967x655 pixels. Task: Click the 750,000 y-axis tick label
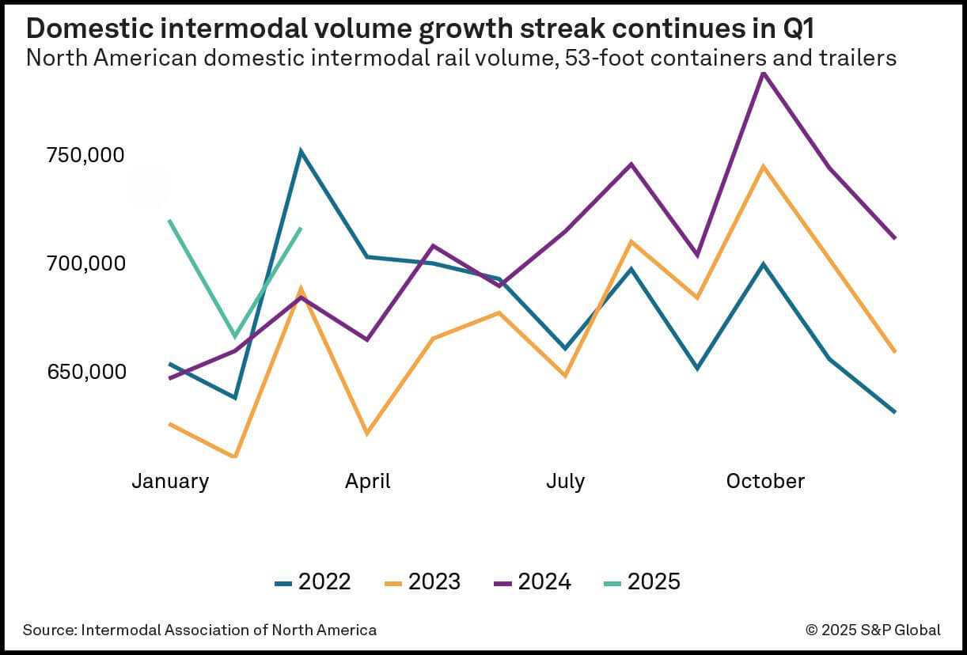coord(85,155)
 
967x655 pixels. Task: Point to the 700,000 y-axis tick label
coord(85,263)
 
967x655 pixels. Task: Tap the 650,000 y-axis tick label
coord(85,371)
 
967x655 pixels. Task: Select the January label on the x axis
coord(170,481)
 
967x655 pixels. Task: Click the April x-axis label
coord(367,481)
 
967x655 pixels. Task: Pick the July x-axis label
coord(565,481)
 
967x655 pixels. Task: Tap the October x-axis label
coord(764,481)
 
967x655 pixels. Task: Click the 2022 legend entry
coord(313,582)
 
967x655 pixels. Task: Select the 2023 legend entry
coord(423,582)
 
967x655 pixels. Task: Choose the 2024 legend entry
coord(533,582)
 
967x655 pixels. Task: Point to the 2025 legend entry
coord(642,582)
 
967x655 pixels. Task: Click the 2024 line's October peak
coord(763,72)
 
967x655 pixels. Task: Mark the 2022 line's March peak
coord(301,150)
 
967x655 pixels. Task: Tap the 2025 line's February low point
coord(235,337)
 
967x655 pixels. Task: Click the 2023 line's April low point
coord(366,434)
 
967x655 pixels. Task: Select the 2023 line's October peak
coord(763,166)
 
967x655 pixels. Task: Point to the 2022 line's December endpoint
coord(895,412)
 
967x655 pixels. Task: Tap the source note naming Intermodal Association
coord(199,630)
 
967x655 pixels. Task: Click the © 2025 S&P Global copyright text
coord(873,630)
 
